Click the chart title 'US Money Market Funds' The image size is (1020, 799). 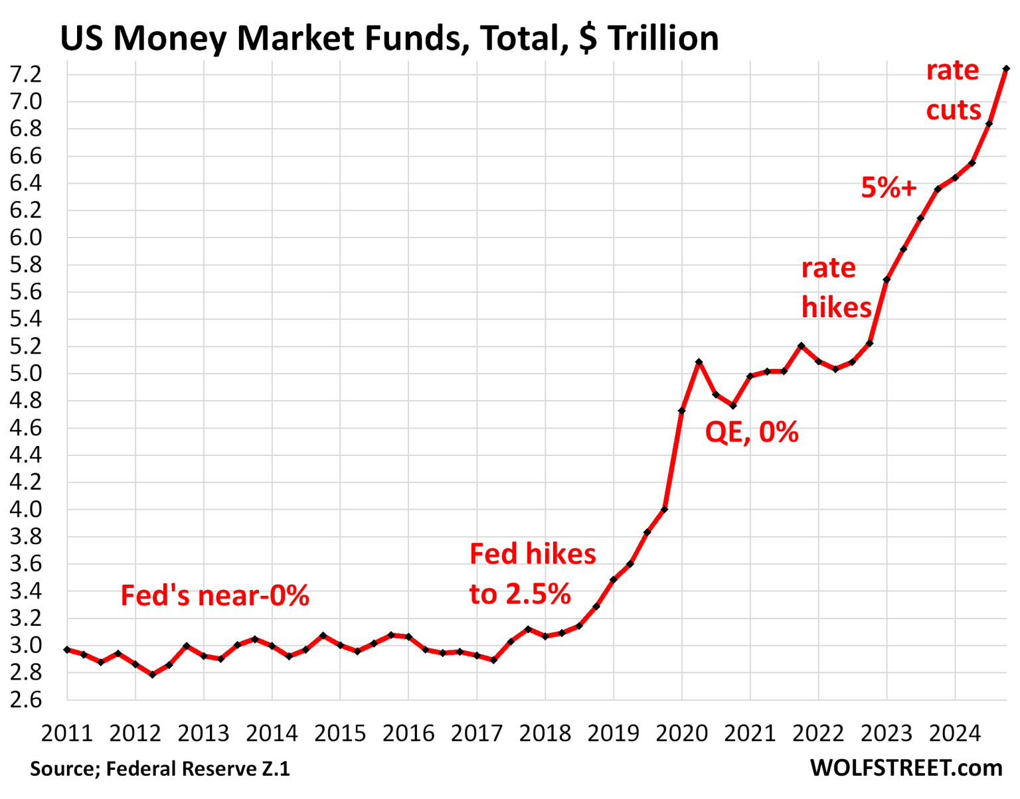click(x=389, y=38)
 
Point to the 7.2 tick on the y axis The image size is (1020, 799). click(x=26, y=74)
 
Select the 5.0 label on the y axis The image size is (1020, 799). click(x=26, y=374)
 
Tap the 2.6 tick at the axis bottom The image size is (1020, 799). click(x=26, y=700)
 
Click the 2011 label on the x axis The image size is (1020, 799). click(x=66, y=733)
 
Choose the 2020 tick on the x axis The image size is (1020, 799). click(x=681, y=733)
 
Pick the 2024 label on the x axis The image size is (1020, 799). click(x=954, y=733)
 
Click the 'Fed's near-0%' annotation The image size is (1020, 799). click(x=214, y=596)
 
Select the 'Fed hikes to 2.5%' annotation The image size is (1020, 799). click(x=533, y=574)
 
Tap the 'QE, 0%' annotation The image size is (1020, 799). click(x=752, y=433)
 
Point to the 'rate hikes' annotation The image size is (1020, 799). click(x=836, y=287)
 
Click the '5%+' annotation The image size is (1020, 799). click(x=889, y=188)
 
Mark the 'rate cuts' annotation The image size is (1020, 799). click(x=953, y=90)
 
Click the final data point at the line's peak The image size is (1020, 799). click(x=1006, y=68)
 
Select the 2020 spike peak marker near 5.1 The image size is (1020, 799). click(x=699, y=362)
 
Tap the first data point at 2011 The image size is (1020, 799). click(x=67, y=650)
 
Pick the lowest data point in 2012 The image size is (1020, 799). click(x=152, y=675)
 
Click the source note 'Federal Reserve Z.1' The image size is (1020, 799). click(x=198, y=768)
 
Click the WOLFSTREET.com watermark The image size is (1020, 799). click(x=906, y=768)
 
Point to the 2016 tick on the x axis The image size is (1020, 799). click(x=408, y=733)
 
